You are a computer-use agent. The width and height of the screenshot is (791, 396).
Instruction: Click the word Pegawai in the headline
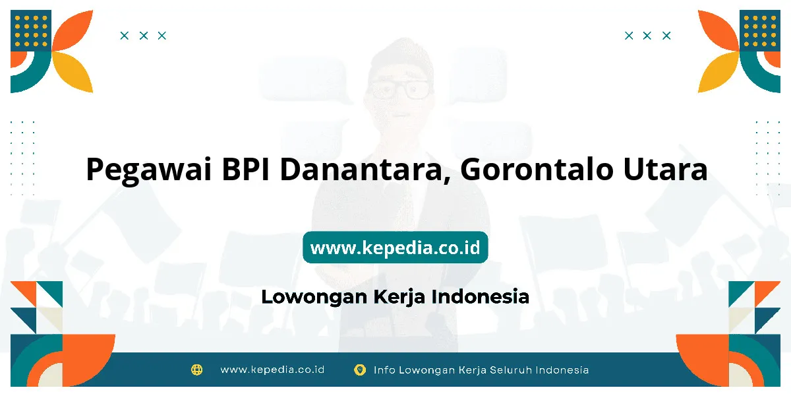[149, 170]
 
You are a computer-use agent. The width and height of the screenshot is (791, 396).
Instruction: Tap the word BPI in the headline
[245, 169]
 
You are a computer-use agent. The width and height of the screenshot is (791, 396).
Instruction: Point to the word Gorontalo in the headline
[537, 169]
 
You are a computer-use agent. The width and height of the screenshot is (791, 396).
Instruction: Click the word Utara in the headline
[665, 169]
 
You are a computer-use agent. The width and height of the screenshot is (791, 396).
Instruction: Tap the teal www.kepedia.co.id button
[395, 247]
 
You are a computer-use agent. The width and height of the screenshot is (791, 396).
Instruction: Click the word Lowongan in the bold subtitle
[314, 297]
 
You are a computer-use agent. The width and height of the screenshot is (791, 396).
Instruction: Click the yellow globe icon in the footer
[196, 370]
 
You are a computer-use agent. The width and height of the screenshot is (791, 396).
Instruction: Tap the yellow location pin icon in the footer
[360, 370]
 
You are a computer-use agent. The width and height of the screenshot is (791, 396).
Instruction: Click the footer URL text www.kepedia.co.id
[272, 370]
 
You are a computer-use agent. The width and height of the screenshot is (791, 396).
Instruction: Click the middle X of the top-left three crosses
[144, 36]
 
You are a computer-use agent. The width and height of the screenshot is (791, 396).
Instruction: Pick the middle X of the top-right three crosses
[647, 36]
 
